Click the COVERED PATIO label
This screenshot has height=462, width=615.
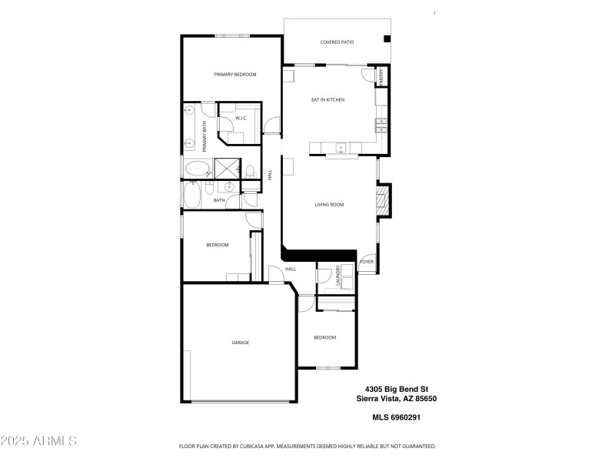point(337,42)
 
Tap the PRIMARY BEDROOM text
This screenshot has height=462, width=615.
point(234,75)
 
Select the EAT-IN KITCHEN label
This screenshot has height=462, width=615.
point(327,100)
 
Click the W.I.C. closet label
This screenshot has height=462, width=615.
point(241,118)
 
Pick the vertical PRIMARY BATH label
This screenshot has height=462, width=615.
point(204,136)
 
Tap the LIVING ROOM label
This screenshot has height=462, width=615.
point(329,205)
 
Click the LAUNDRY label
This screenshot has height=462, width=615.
point(338,278)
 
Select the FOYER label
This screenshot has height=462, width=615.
point(367,262)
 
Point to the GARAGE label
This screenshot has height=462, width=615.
point(241,343)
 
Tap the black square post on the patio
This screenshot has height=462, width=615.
point(387,38)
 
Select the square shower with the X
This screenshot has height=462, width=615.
point(226,168)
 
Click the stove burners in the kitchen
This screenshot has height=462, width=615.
point(380,124)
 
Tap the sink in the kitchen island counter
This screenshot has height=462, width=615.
point(341,147)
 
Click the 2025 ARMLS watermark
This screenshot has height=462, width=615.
point(38,441)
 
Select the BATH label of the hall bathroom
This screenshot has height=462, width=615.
point(219,201)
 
